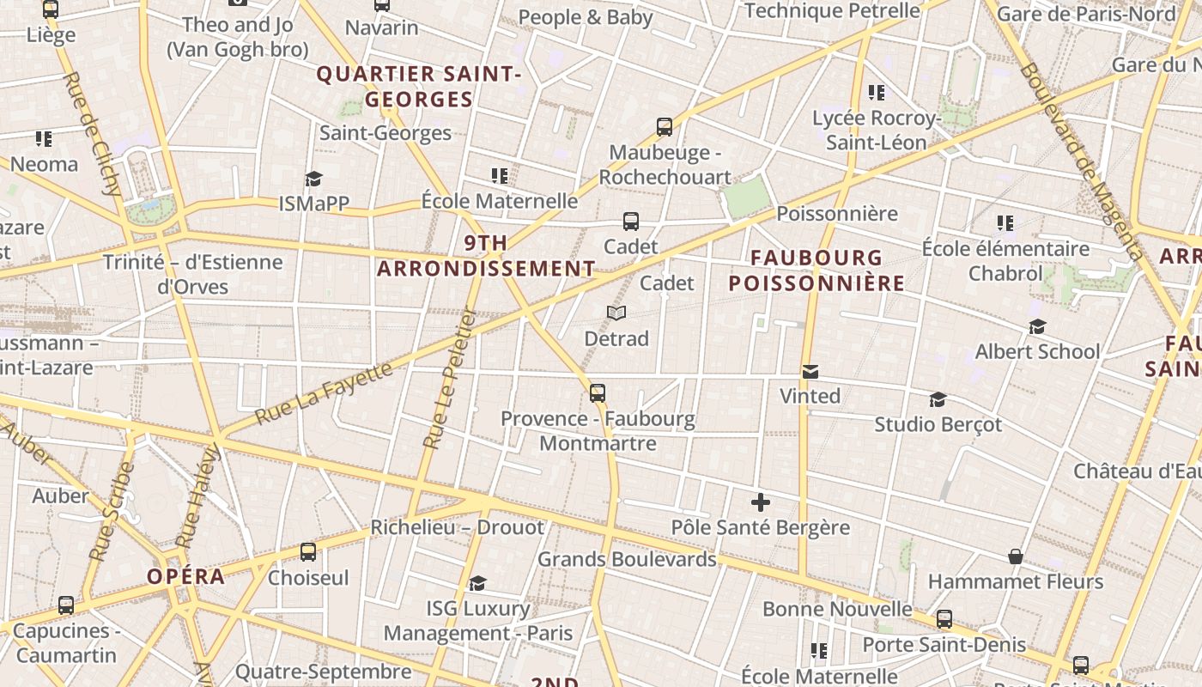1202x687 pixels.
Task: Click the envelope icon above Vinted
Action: tap(810, 372)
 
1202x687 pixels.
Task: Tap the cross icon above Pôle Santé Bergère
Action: tap(760, 502)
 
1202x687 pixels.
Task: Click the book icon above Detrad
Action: tap(616, 313)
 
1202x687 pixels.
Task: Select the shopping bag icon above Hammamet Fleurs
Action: tap(1016, 556)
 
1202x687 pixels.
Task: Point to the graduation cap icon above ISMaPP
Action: tap(313, 179)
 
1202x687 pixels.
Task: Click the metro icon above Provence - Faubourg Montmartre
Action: tap(598, 393)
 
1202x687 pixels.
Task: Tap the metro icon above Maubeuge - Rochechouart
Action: tap(665, 127)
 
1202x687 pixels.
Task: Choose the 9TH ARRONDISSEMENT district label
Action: tap(486, 256)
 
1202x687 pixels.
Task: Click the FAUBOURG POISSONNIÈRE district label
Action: tap(817, 271)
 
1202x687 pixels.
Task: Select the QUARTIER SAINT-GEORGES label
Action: tap(419, 87)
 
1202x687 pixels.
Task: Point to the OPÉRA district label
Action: tap(186, 576)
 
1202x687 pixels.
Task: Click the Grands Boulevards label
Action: tap(627, 559)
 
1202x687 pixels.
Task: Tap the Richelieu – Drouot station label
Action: tap(457, 527)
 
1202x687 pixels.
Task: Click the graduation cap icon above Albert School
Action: tap(1037, 327)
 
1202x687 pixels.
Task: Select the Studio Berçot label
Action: tap(938, 424)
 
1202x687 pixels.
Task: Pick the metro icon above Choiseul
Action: tap(308, 552)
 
